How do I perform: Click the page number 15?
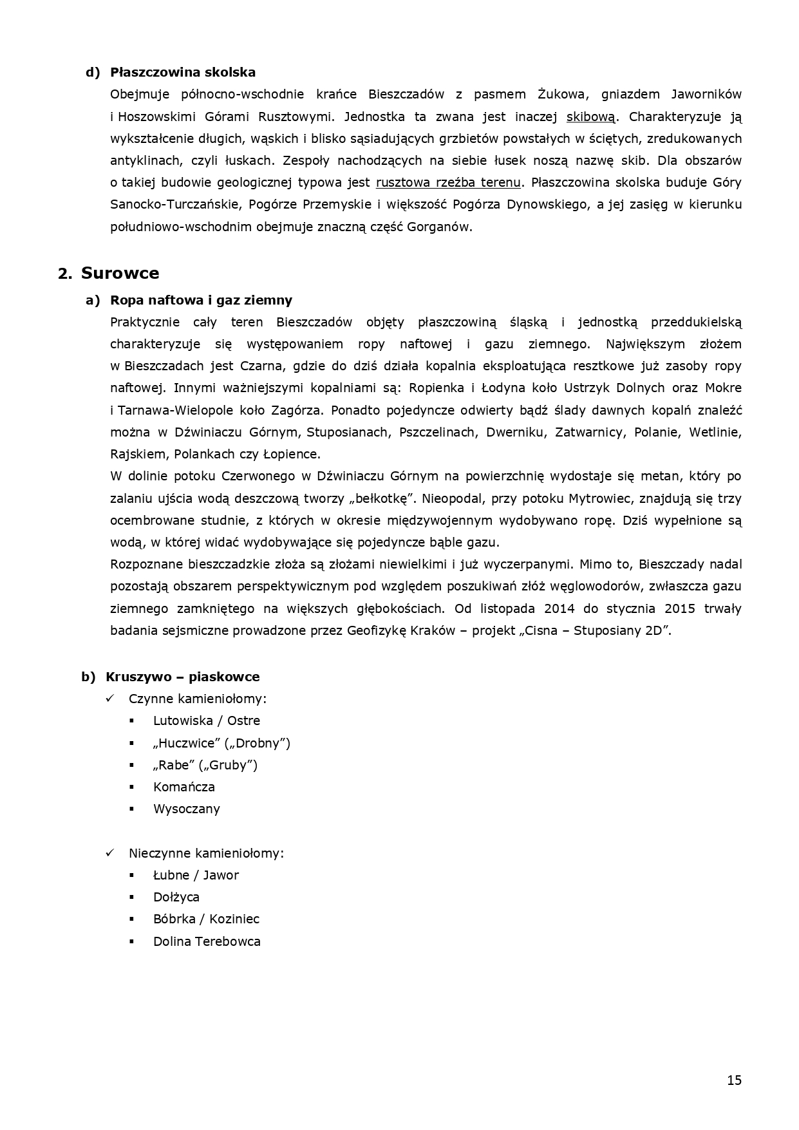(734, 1080)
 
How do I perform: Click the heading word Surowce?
(120, 273)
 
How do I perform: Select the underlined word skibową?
(590, 117)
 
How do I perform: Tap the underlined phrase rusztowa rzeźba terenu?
(448, 182)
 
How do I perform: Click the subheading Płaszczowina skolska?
(183, 72)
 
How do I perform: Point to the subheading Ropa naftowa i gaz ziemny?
(201, 300)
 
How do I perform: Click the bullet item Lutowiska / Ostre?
(206, 720)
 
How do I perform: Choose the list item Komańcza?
(184, 787)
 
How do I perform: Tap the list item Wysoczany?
(186, 809)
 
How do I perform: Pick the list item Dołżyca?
(176, 897)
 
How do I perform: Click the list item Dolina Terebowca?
(207, 941)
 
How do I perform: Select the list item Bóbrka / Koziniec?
(206, 919)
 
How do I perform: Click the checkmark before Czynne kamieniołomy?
(110, 699)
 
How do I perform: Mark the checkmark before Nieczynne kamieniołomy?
(110, 852)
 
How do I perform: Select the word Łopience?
(292, 454)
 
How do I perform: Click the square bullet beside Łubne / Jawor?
(132, 875)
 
